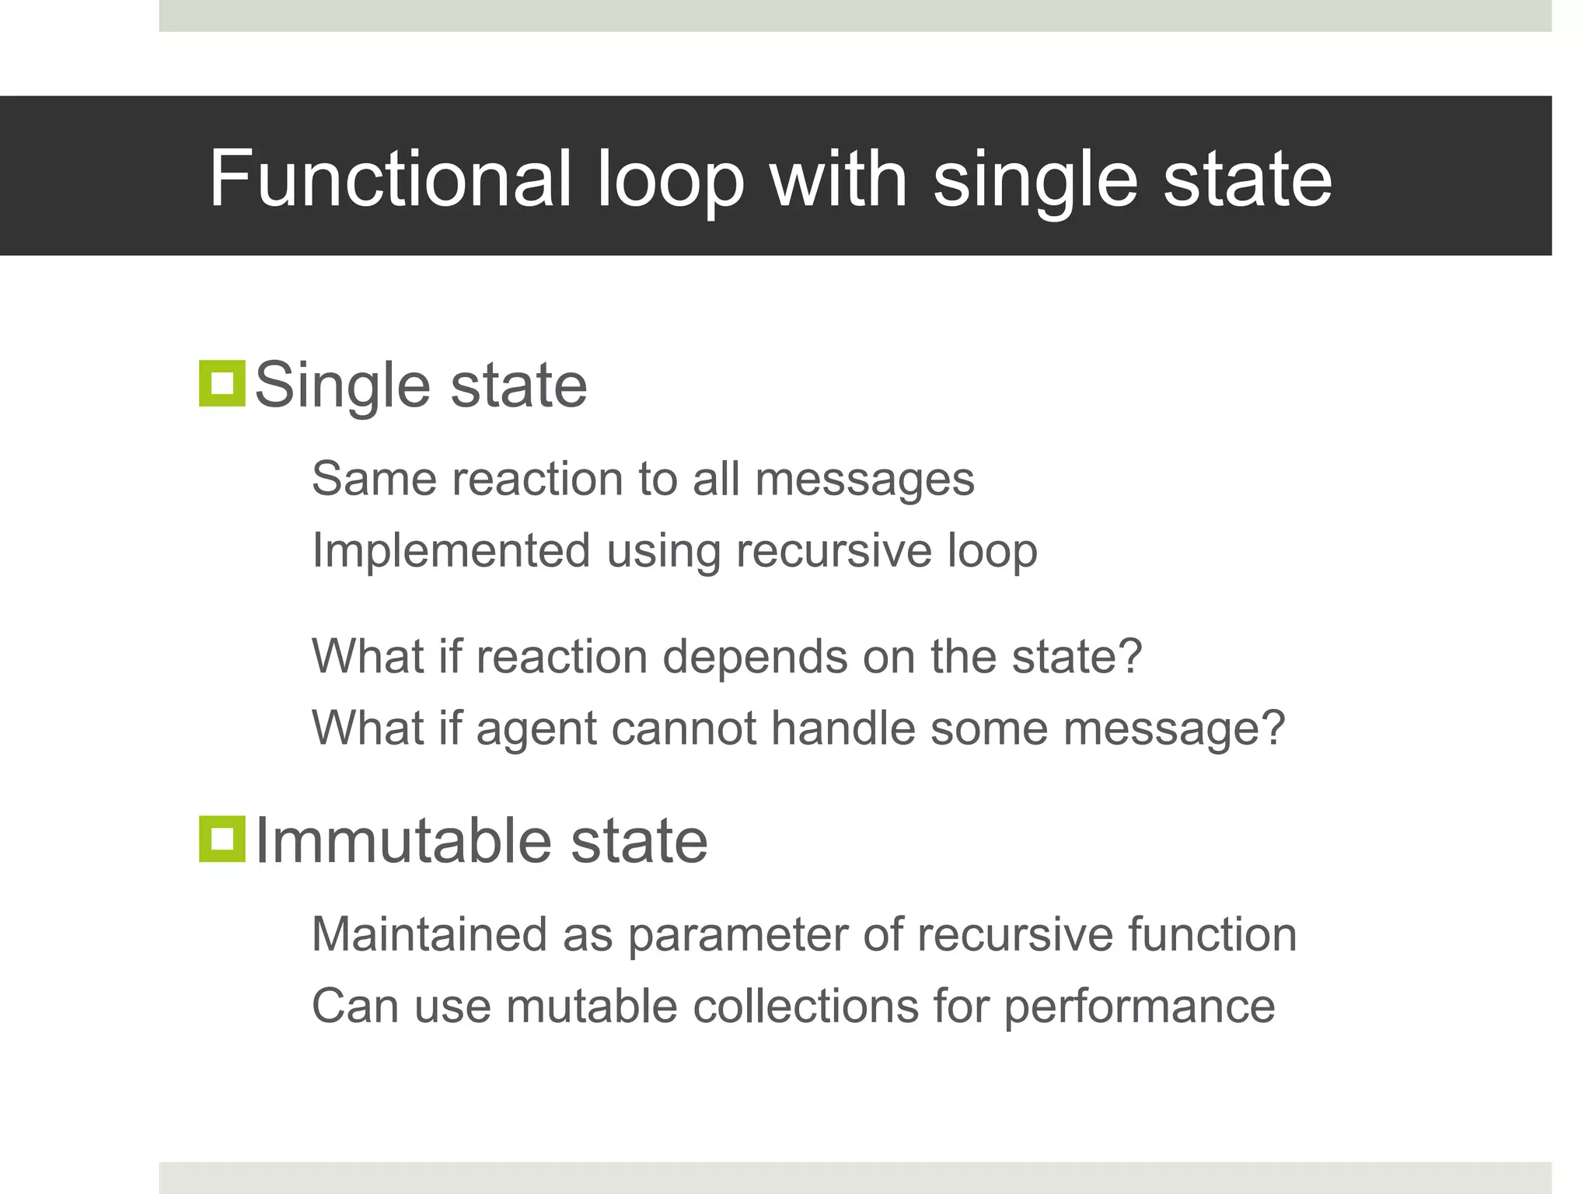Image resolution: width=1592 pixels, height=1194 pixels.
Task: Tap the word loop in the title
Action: click(670, 180)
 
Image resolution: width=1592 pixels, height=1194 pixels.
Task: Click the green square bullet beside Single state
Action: click(222, 383)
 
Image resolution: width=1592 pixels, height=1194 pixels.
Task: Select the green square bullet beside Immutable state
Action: click(222, 839)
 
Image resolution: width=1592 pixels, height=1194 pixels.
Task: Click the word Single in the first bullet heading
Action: click(342, 386)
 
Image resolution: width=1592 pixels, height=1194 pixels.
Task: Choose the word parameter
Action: click(738, 934)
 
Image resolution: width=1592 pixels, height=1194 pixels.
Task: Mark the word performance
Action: click(1139, 1007)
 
